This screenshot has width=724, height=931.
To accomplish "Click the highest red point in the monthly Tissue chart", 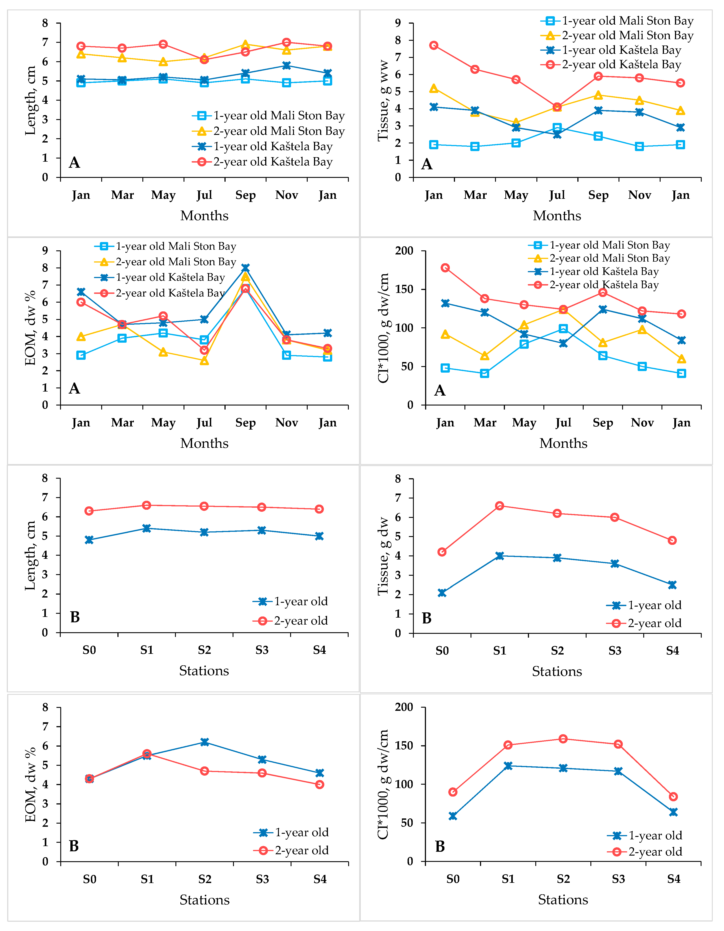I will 434,45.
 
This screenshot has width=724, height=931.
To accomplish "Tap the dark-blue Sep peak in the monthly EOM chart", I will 245,268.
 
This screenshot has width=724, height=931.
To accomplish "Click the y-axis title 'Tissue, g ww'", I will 383,101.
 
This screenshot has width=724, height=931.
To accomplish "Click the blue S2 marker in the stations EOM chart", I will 204,742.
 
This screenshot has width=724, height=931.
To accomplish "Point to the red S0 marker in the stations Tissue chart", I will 442,552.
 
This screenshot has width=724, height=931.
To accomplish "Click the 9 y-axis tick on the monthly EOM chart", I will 45,251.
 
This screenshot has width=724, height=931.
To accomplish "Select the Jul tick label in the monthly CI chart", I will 563,423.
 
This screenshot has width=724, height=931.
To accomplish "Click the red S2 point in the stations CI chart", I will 563,739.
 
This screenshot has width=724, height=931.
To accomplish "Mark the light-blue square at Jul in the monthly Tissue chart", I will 557,127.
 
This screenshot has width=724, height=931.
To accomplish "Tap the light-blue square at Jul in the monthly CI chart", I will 563,328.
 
